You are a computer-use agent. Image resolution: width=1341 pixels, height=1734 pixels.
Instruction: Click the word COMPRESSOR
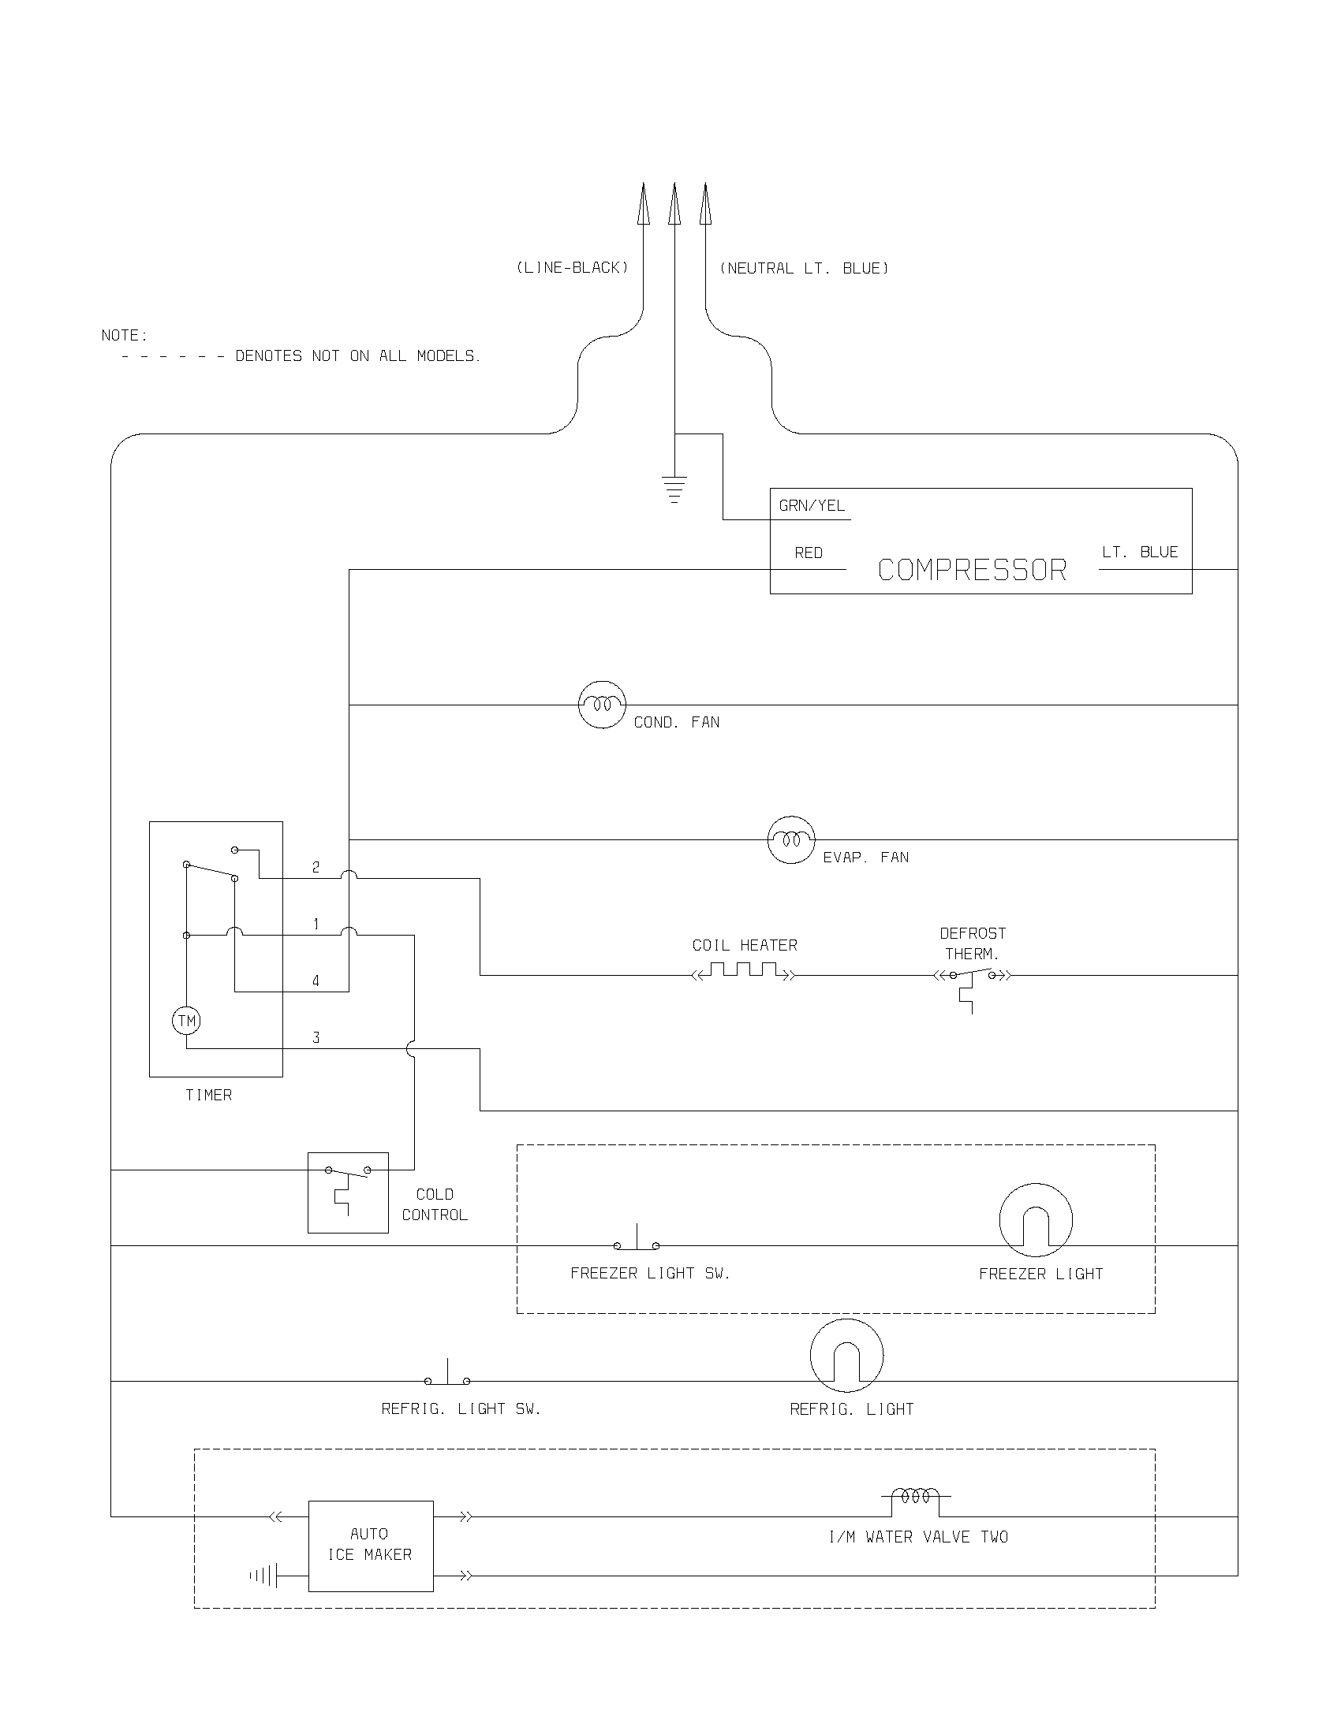click(972, 570)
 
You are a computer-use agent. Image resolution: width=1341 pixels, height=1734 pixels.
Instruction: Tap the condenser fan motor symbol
click(602, 704)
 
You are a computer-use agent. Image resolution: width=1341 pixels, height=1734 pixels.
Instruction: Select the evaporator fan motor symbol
click(791, 839)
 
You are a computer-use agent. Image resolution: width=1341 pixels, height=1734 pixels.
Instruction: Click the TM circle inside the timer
click(187, 1021)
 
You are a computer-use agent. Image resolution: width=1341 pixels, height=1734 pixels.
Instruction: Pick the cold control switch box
click(348, 1193)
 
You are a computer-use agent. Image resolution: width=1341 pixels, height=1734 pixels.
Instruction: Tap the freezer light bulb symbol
click(1036, 1220)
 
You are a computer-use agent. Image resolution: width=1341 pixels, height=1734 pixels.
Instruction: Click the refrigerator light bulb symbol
click(847, 1356)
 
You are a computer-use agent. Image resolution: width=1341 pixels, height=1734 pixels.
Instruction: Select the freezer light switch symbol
click(637, 1241)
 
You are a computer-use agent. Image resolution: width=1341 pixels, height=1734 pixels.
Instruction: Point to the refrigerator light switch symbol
click(447, 1377)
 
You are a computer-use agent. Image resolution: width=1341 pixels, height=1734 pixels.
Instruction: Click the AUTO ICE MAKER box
click(371, 1546)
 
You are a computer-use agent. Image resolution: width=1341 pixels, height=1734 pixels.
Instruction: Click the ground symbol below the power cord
click(674, 489)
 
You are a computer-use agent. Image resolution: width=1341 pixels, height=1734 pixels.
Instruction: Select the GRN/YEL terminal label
click(812, 506)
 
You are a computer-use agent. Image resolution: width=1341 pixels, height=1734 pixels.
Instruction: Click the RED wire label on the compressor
click(809, 553)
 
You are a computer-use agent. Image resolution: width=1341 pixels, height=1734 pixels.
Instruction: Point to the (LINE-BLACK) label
click(572, 267)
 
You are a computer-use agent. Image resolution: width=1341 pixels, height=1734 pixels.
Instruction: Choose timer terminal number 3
click(316, 1037)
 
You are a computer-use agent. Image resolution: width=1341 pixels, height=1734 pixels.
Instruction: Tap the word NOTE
click(124, 335)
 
